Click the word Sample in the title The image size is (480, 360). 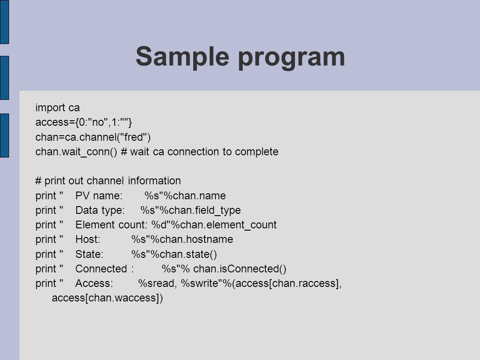click(x=182, y=57)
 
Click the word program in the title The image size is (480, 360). click(x=291, y=58)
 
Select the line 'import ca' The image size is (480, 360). click(x=58, y=108)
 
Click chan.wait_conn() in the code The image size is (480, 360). click(x=76, y=152)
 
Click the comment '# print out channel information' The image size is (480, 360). click(x=108, y=181)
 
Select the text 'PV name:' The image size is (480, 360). click(x=99, y=196)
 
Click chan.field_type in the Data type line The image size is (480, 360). click(x=205, y=210)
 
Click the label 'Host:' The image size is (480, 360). click(x=88, y=239)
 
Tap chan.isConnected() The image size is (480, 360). click(x=240, y=269)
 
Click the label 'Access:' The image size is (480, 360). click(x=94, y=283)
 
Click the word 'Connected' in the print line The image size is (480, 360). click(x=101, y=269)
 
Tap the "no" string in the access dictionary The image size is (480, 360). click(x=98, y=122)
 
